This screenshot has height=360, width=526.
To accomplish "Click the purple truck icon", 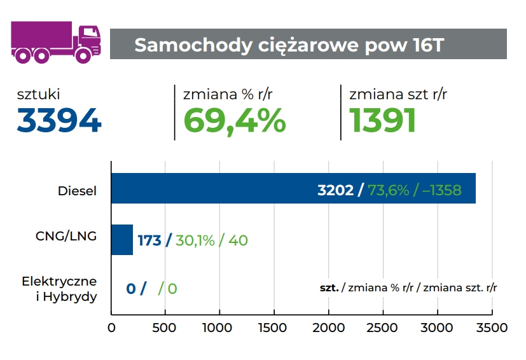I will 57,43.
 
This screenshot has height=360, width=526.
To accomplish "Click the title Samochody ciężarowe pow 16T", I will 289,45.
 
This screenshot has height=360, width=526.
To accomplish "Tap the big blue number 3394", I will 59,120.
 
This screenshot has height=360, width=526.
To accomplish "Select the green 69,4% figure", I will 235,120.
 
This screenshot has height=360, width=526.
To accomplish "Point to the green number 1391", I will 383,120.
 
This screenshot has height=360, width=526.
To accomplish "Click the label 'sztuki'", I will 39,95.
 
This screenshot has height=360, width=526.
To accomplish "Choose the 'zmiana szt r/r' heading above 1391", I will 398,95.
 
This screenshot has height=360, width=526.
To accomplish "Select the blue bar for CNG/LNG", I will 122,240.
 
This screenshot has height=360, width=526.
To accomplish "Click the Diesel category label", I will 77,190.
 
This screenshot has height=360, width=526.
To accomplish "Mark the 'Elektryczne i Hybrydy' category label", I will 59,288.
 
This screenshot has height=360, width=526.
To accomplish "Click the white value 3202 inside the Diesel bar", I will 335,190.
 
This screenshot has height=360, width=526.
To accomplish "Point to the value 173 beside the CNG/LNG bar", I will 149,240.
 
